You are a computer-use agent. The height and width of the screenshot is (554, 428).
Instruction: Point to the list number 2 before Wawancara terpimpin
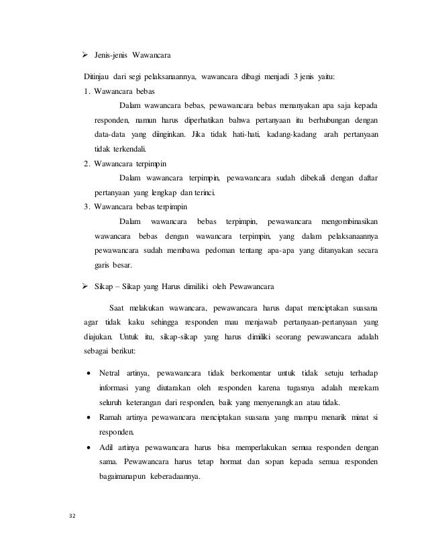click(x=87, y=163)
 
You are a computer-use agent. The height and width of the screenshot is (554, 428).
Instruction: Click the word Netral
click(x=111, y=372)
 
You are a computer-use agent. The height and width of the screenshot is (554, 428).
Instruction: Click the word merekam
click(x=359, y=387)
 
